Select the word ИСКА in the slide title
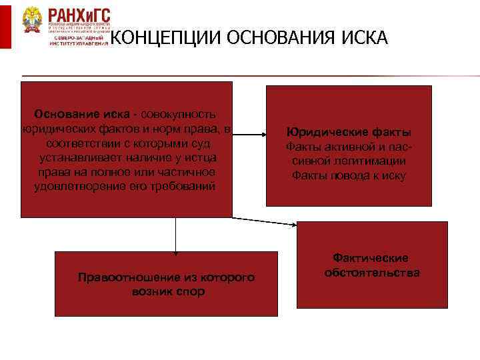363,39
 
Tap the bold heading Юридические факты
349,131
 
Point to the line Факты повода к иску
349,175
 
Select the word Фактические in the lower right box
371,258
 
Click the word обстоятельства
372,273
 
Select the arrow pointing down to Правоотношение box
176,237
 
